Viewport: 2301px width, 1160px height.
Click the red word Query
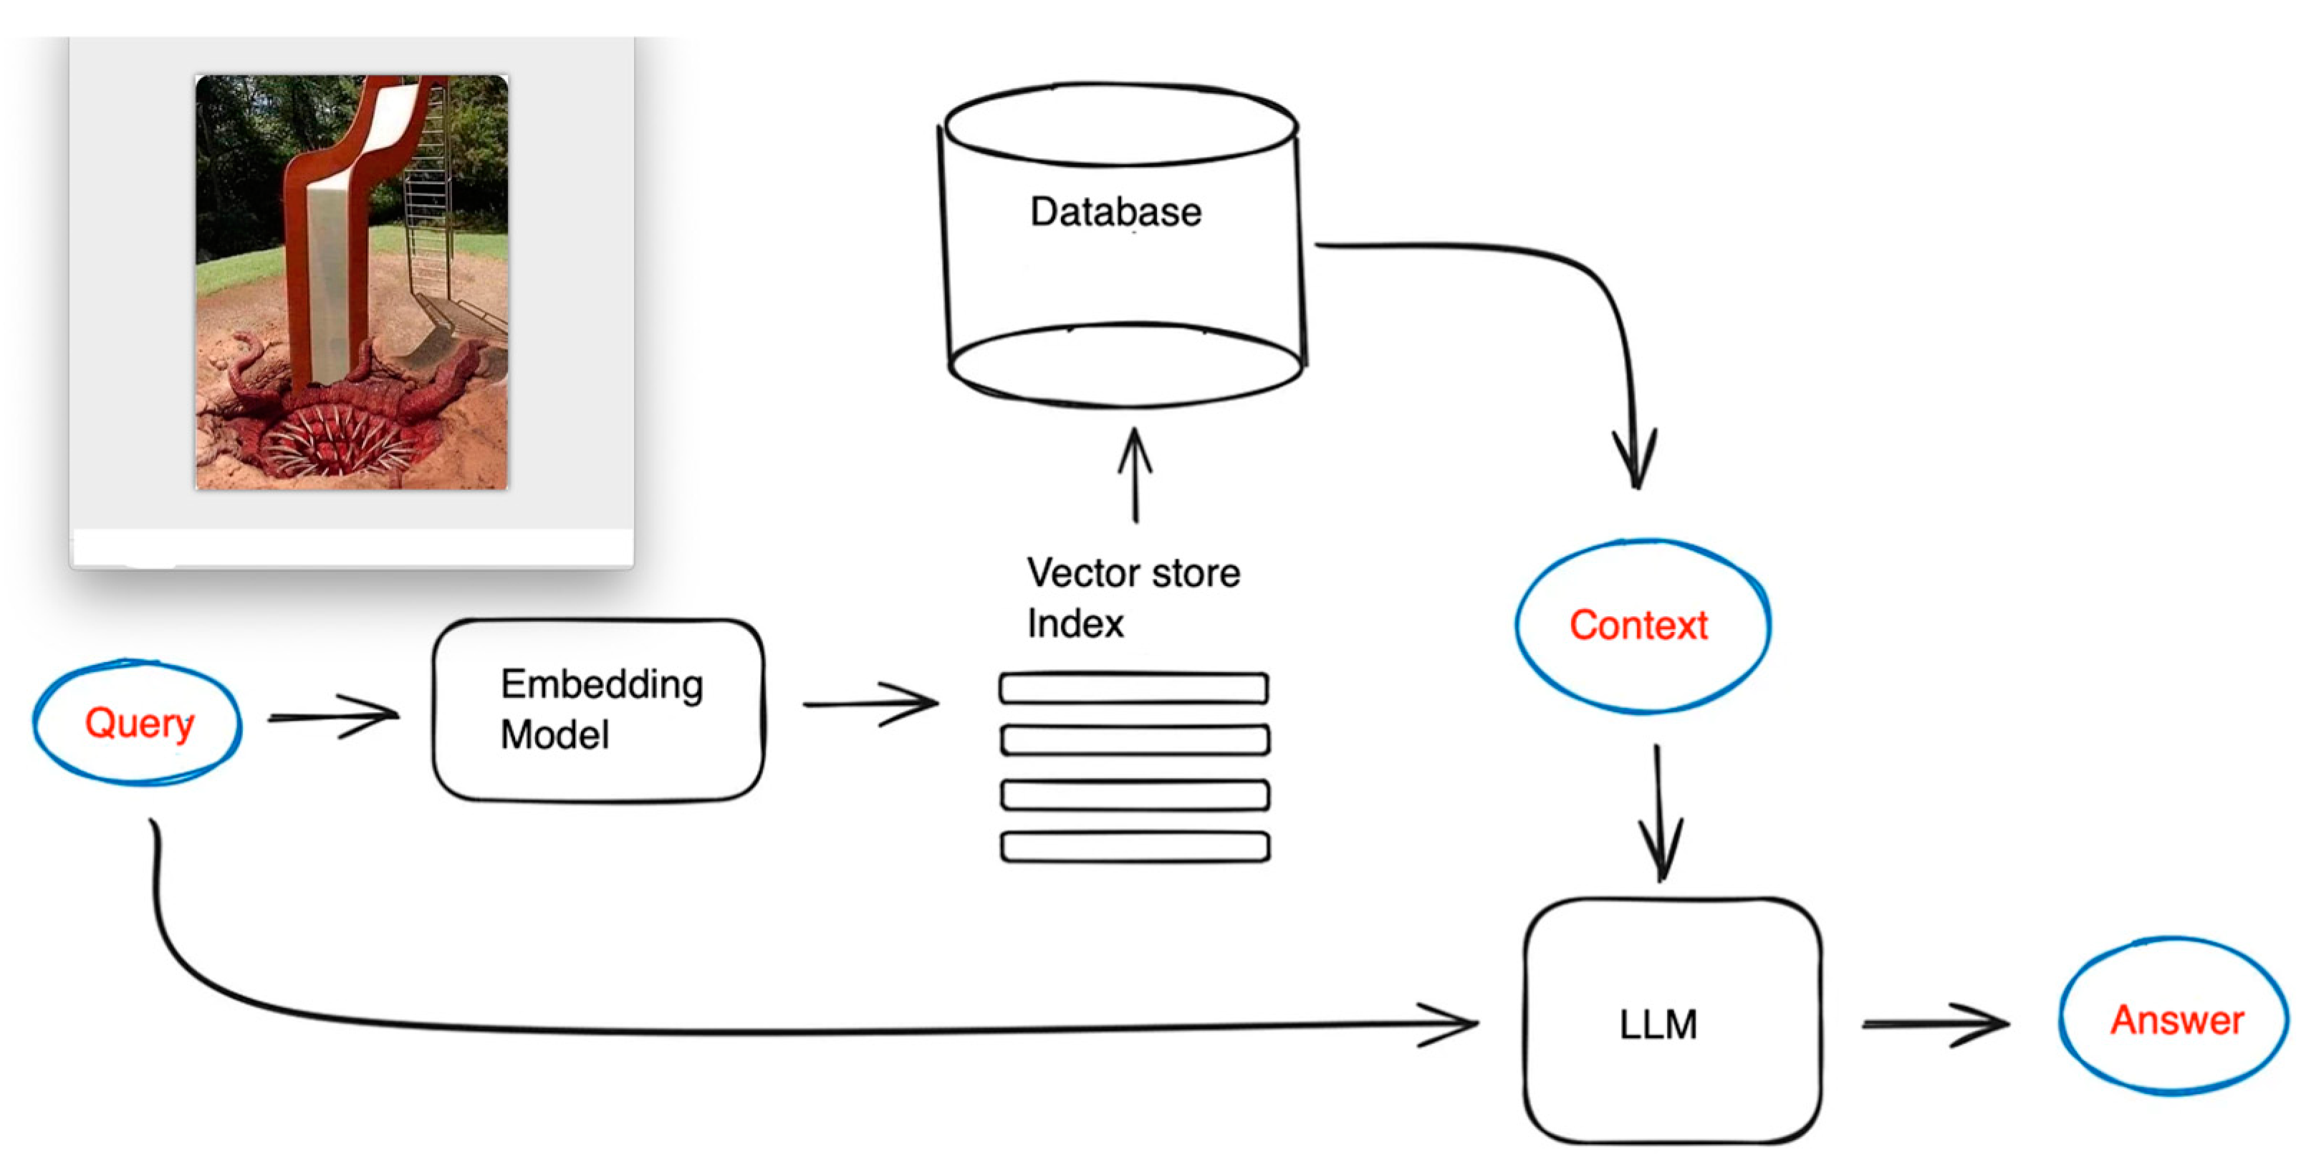point(140,722)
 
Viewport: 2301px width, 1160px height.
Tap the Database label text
point(1115,212)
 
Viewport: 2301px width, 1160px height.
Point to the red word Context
point(1638,625)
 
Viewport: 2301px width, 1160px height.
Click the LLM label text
point(1658,1024)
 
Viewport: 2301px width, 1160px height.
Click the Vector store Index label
point(1133,598)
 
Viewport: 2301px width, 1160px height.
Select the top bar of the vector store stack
point(1133,688)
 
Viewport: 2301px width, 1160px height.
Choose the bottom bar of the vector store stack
point(1135,846)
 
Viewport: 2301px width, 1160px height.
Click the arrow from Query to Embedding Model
point(335,716)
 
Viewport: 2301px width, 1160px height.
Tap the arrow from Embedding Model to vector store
point(871,704)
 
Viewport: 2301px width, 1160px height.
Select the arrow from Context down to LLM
point(1660,813)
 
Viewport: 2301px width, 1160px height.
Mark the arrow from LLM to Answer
point(1934,1024)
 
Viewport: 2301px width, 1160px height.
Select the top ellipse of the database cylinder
point(1121,125)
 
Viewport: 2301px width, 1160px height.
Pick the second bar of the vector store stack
point(1135,740)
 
